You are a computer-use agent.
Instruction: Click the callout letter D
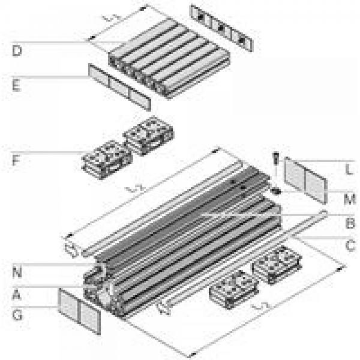click(x=17, y=50)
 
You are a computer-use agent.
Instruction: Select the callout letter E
click(x=16, y=85)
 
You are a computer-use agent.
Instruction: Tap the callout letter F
click(x=16, y=160)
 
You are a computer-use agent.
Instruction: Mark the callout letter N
click(x=16, y=272)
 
